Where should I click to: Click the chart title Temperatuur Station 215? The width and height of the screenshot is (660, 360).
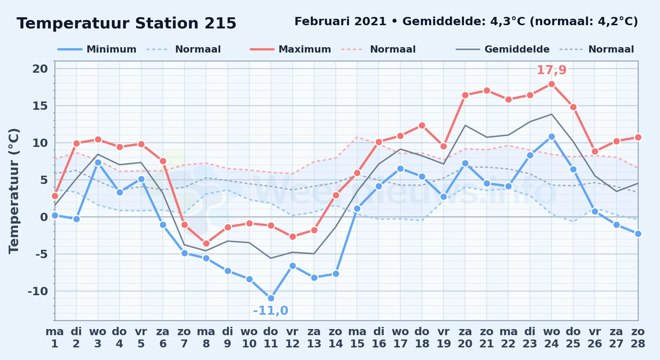pos(126,23)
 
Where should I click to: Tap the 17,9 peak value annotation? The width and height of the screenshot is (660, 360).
pos(552,70)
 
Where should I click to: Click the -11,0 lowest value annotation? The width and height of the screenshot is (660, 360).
pos(271,310)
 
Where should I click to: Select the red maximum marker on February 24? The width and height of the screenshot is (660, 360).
pos(552,84)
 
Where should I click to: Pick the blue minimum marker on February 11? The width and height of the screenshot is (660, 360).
pos(271,298)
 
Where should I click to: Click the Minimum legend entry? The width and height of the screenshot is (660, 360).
pos(97,49)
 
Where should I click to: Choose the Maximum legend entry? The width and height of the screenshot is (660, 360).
pos(290,49)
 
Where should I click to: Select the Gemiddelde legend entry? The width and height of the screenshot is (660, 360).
pos(503,49)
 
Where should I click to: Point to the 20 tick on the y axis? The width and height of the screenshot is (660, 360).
pos(40,69)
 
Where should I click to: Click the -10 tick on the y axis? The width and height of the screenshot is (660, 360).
pos(38,291)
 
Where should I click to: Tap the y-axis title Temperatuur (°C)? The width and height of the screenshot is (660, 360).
pos(14,191)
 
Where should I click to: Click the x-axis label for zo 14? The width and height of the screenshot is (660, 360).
pos(336,338)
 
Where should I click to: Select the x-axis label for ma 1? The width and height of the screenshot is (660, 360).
pos(55,338)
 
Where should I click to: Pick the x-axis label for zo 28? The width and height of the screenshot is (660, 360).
pos(638,338)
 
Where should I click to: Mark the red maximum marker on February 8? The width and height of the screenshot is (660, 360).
pos(206,244)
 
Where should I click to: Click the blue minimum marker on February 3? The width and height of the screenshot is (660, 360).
pos(98,162)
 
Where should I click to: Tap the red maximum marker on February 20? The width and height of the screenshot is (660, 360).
pos(465,95)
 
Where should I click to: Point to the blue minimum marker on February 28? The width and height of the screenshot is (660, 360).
pos(638,234)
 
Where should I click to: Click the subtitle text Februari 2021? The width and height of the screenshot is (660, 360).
pos(340,22)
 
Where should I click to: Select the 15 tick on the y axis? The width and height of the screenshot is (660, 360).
pos(40,106)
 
